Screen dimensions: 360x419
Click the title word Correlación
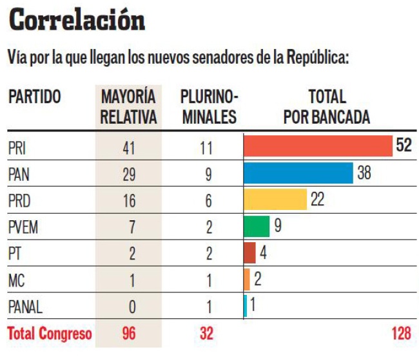click(x=77, y=21)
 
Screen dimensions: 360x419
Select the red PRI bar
click(x=318, y=146)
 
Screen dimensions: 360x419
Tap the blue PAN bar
click(x=298, y=173)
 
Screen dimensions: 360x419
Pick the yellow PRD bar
click(x=275, y=200)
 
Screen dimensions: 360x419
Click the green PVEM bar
click(x=257, y=227)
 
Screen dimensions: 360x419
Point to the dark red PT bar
click(x=249, y=252)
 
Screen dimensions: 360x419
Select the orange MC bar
click(x=247, y=279)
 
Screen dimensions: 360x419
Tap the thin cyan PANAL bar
click(x=246, y=306)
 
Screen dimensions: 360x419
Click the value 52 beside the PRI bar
click(x=404, y=146)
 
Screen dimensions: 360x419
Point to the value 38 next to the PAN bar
click(x=364, y=173)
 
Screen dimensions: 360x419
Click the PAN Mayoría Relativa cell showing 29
click(x=129, y=174)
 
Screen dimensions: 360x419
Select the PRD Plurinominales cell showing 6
click(x=209, y=201)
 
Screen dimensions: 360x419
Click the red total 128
click(x=401, y=334)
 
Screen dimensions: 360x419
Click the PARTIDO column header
click(x=35, y=97)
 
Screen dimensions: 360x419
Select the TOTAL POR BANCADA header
click(x=327, y=107)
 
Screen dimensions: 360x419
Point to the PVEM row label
click(x=23, y=227)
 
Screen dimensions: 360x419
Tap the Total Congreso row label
click(x=50, y=334)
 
